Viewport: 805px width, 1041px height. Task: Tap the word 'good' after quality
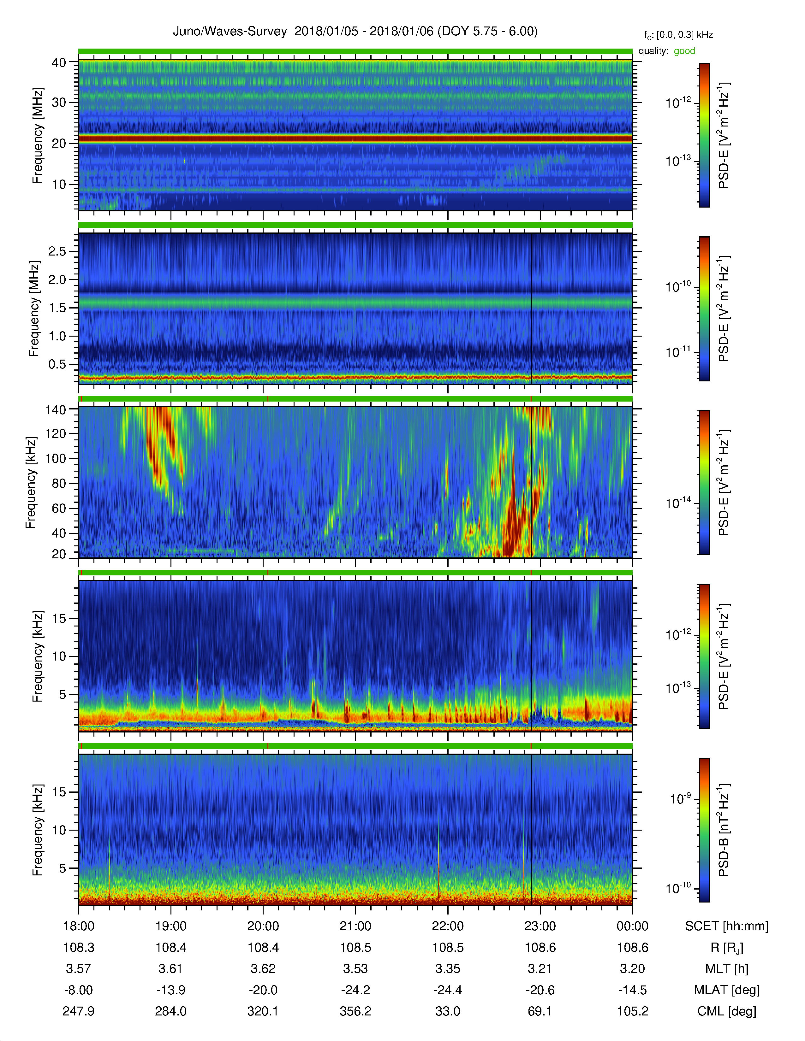click(x=684, y=51)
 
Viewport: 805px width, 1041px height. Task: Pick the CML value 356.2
click(x=355, y=1011)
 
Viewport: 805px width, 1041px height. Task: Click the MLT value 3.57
click(x=78, y=968)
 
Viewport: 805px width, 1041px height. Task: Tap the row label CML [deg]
click(x=726, y=1011)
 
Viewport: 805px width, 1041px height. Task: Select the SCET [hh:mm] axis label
click(x=726, y=926)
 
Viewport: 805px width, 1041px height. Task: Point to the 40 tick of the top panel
click(x=59, y=62)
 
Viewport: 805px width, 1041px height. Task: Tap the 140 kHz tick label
click(x=55, y=409)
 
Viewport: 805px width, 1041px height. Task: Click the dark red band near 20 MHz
click(x=355, y=139)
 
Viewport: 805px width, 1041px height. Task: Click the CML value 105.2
click(x=632, y=1011)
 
